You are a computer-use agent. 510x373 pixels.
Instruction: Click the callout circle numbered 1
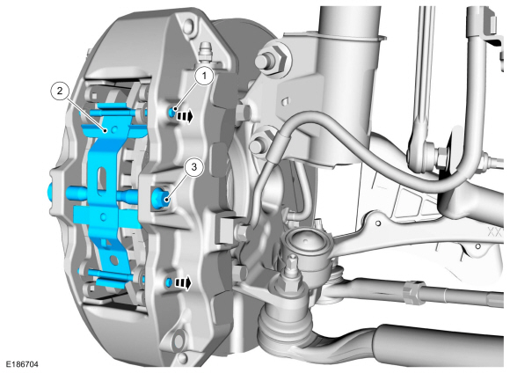tap(204, 77)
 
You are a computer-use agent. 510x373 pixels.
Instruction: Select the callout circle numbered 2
tap(60, 91)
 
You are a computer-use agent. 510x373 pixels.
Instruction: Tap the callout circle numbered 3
tap(193, 168)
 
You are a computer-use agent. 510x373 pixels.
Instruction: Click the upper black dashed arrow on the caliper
tap(185, 115)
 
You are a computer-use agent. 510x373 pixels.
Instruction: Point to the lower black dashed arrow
tap(184, 283)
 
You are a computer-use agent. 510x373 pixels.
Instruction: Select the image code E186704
tap(22, 364)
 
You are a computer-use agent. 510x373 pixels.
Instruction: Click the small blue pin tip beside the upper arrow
tap(171, 112)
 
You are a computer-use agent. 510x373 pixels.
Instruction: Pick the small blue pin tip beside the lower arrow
tap(170, 282)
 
